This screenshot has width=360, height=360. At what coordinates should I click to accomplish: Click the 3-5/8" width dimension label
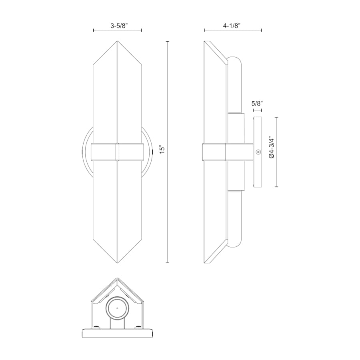[117, 25]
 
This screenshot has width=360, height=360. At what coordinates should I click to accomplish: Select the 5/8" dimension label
[257, 103]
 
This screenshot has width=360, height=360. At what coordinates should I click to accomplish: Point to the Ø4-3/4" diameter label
[272, 149]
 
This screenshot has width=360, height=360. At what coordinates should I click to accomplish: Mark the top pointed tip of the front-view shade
[117, 41]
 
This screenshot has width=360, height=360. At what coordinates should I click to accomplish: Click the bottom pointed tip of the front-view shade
[117, 263]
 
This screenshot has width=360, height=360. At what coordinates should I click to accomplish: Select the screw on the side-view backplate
[258, 152]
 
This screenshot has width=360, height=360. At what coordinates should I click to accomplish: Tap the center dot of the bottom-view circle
[117, 308]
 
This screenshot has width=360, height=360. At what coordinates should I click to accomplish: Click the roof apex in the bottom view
[117, 279]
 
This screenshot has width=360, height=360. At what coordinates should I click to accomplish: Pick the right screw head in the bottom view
[138, 327]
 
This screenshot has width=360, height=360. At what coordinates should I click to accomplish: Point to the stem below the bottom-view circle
[117, 324]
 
